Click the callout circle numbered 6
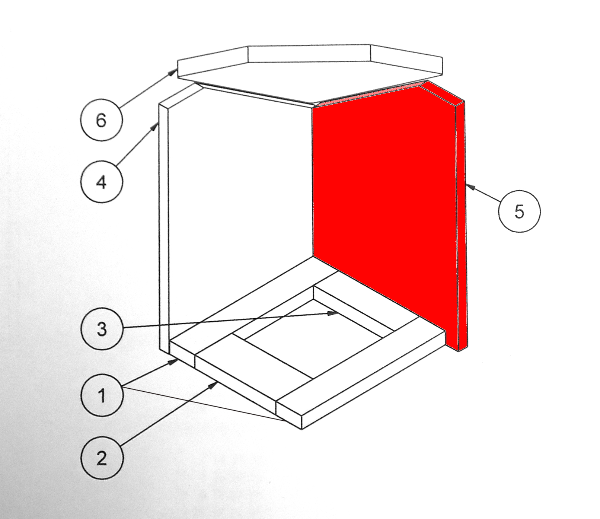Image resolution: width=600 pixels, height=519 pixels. [101, 120]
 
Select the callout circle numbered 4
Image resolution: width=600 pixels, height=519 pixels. [101, 182]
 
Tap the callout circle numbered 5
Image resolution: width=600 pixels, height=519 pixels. [519, 211]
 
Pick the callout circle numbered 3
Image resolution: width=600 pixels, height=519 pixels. [102, 329]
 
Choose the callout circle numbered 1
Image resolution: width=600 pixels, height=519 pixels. [102, 395]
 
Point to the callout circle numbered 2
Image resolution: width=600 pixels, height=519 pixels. [102, 457]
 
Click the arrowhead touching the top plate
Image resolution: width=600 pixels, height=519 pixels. [173, 72]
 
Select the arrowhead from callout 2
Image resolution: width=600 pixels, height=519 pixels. [213, 385]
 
